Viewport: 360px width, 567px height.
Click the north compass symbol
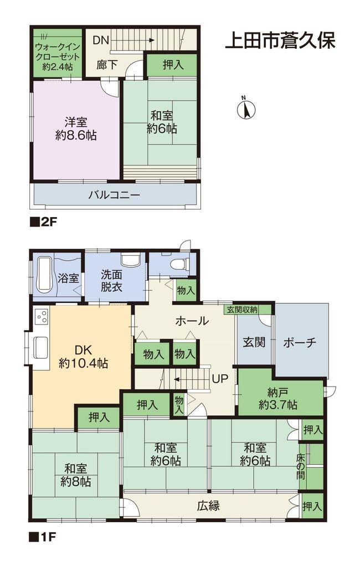tap(246, 109)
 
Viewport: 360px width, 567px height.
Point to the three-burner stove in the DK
tap(41, 316)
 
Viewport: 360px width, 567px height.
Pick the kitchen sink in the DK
tap(40, 348)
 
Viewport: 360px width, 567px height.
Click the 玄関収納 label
tap(243, 310)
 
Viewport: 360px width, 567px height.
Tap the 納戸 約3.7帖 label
tap(278, 398)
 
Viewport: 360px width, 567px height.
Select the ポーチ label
tap(300, 342)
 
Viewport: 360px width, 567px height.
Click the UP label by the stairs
tap(220, 379)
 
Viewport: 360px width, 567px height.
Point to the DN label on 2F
tap(101, 40)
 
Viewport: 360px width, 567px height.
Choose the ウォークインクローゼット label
tap(57, 57)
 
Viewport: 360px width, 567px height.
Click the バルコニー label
tap(114, 195)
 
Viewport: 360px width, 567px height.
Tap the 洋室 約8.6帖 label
tap(76, 128)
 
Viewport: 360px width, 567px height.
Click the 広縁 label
tap(208, 506)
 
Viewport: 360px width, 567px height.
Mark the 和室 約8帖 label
tap(76, 475)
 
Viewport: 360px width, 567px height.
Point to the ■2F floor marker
tap(43, 221)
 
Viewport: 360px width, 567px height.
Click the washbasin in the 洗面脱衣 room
tap(130, 259)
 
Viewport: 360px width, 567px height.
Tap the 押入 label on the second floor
tap(173, 65)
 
